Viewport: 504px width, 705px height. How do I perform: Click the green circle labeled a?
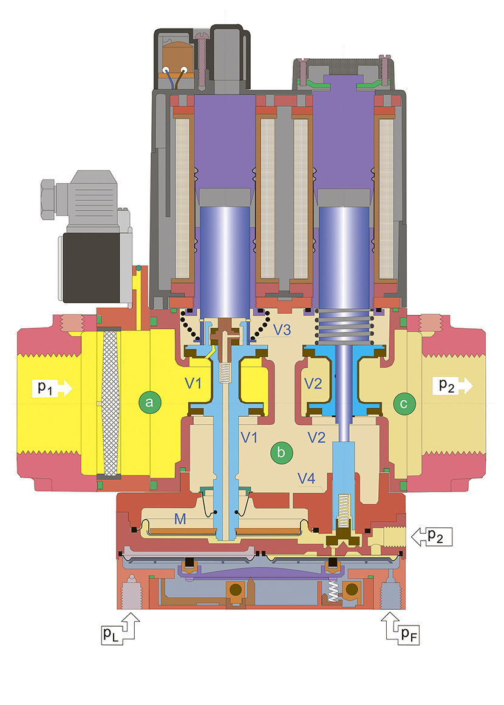(x=150, y=402)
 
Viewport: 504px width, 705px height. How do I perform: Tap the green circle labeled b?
(x=281, y=453)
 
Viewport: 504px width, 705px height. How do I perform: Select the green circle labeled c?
(x=404, y=403)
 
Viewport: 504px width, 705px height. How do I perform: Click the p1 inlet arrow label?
(x=52, y=388)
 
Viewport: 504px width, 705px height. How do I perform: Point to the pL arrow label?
(x=121, y=629)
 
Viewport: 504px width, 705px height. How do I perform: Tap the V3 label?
(x=282, y=329)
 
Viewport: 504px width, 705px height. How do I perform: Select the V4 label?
(x=306, y=478)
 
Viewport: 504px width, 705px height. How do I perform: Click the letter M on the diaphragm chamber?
(x=180, y=519)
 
